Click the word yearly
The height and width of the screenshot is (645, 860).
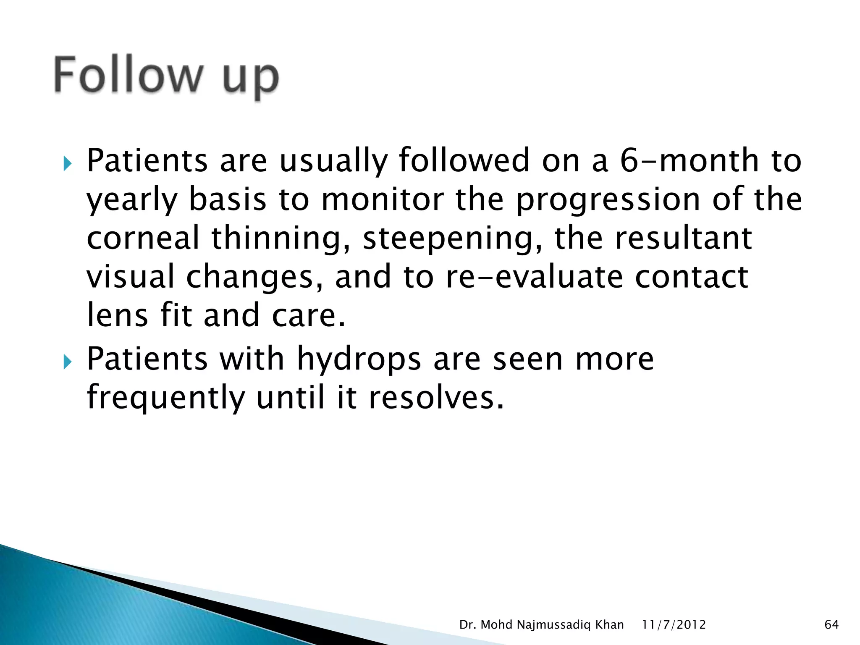pyautogui.click(x=133, y=200)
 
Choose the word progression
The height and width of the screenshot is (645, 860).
pyautogui.click(x=608, y=200)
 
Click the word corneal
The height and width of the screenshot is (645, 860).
pyautogui.click(x=143, y=238)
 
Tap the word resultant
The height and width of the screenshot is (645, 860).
pyautogui.click(x=683, y=238)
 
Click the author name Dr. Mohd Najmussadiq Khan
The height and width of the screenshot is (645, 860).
pyautogui.click(x=541, y=625)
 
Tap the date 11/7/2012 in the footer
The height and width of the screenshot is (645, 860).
pyautogui.click(x=674, y=625)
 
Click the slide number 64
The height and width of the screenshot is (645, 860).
pyautogui.click(x=831, y=625)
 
